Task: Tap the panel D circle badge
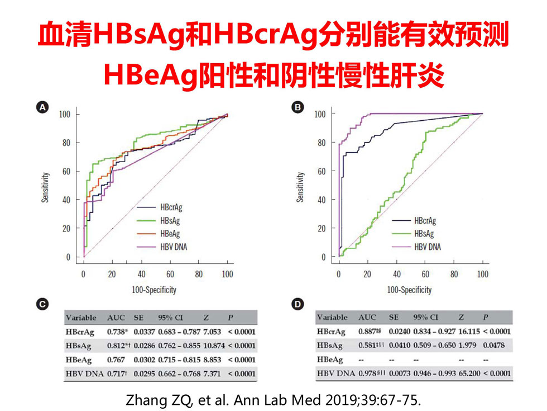pos(299,304)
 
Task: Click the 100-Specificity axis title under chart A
pos(153,290)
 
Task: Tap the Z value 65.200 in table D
pos(464,373)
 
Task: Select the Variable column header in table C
pos(81,318)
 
